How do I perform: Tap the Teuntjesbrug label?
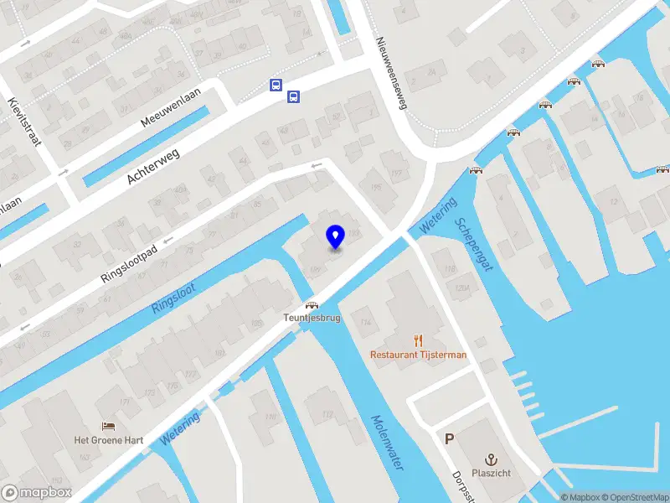(x=312, y=319)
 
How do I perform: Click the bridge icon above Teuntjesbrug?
(x=312, y=306)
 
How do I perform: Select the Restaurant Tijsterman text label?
(x=419, y=355)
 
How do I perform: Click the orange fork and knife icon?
(x=419, y=340)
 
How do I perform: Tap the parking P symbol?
(x=450, y=438)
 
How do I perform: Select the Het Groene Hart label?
(x=108, y=441)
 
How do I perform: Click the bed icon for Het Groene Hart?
(x=108, y=427)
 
